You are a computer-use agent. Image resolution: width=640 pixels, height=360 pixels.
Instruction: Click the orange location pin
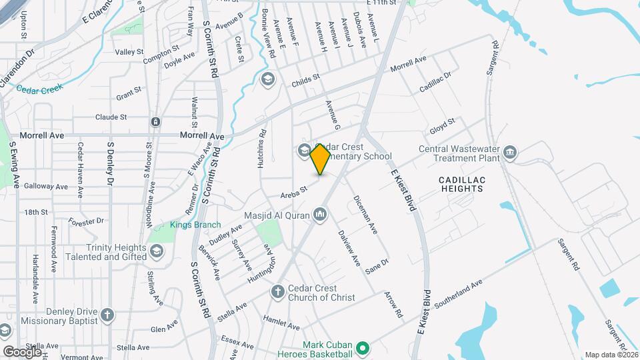click(320, 159)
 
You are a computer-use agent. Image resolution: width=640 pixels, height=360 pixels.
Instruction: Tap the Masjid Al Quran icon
click(320, 214)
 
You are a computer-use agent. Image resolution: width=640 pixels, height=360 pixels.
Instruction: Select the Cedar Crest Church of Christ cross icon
click(277, 292)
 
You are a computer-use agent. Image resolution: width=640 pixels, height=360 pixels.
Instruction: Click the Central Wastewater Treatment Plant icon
click(511, 153)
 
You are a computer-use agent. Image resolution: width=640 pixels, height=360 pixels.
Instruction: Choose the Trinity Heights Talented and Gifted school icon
click(157, 251)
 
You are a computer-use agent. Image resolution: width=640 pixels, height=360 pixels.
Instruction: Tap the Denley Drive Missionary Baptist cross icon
click(108, 315)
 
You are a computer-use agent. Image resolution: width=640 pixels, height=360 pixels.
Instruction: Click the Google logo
click(22, 351)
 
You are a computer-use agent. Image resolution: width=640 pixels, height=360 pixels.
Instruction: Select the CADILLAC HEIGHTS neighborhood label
click(461, 185)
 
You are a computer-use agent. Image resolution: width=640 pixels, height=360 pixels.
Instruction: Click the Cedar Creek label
click(39, 88)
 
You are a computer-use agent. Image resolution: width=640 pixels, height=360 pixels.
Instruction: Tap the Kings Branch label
click(195, 225)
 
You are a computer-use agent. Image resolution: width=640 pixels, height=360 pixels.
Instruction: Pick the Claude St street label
click(111, 117)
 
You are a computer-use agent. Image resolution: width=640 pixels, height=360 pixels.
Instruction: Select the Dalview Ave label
click(349, 248)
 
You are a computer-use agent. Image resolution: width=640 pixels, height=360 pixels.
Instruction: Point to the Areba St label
click(293, 191)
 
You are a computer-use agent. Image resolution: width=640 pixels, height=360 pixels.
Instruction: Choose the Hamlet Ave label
click(282, 323)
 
